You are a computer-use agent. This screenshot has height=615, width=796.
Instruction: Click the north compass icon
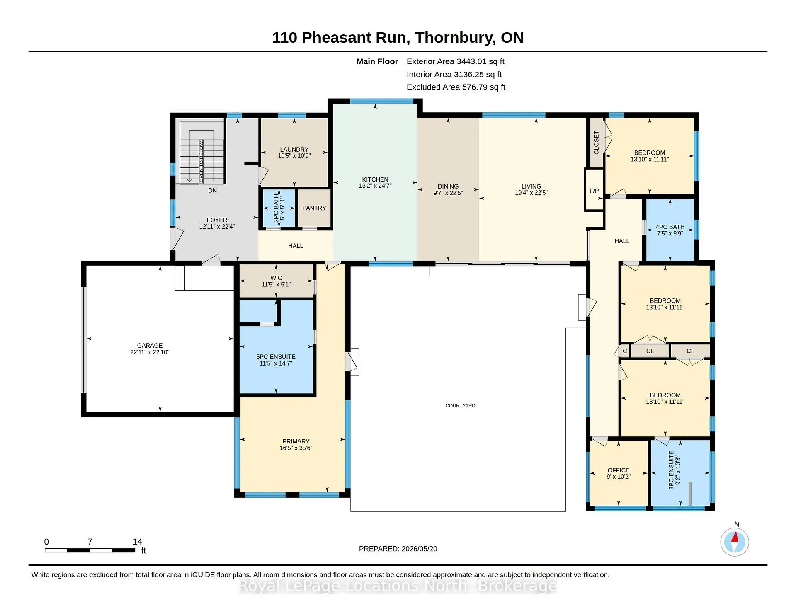[735, 542]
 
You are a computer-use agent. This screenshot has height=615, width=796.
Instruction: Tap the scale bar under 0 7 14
[90, 550]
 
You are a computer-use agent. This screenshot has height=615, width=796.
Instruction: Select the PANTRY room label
[314, 208]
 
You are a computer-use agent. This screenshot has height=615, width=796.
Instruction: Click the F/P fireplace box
[594, 190]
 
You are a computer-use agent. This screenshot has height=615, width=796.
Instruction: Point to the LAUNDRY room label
[294, 150]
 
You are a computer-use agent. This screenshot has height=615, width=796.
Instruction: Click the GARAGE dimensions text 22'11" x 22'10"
[150, 352]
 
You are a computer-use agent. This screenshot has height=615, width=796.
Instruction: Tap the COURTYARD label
[460, 406]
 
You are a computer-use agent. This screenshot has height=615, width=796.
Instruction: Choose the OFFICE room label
[619, 470]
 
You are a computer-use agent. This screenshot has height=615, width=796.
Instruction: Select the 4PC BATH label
[670, 227]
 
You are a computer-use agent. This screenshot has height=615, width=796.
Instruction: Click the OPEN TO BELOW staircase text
[201, 161]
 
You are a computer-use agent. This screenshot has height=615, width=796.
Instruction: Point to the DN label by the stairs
[212, 191]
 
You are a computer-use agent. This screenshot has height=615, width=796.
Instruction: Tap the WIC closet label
[276, 278]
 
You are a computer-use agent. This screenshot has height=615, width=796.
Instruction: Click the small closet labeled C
[625, 351]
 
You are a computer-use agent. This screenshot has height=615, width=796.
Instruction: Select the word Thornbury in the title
[455, 38]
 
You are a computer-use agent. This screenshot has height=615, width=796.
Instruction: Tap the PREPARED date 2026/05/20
[419, 549]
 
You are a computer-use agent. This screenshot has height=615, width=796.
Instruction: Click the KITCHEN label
[375, 180]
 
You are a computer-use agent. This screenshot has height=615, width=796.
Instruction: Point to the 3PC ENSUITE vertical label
[671, 470]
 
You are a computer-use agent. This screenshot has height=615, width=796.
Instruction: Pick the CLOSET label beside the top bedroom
[596, 143]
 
